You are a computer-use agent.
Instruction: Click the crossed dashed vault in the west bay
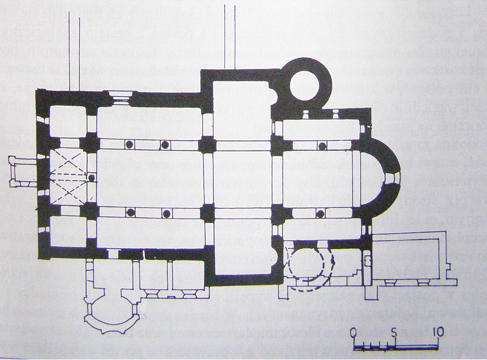69,178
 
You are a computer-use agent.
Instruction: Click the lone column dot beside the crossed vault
92,178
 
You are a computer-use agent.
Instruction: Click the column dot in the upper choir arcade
322,145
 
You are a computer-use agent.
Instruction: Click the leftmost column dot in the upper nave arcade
129,145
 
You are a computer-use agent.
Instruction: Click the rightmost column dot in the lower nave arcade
167,213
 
